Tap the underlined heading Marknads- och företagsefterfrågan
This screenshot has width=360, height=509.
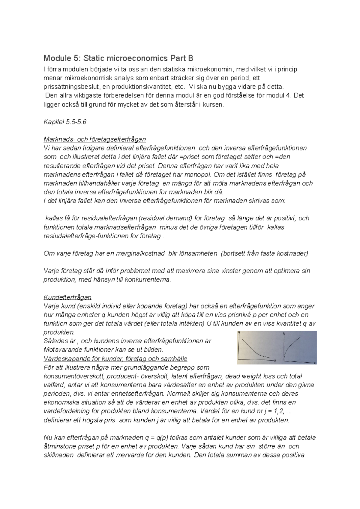(95, 139)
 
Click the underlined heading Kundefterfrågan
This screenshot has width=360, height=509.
(67, 297)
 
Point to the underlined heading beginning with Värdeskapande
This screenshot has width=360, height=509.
(115, 359)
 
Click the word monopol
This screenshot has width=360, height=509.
(202, 174)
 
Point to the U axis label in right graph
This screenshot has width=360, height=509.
(284, 333)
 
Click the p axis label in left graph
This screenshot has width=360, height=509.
(275, 360)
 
